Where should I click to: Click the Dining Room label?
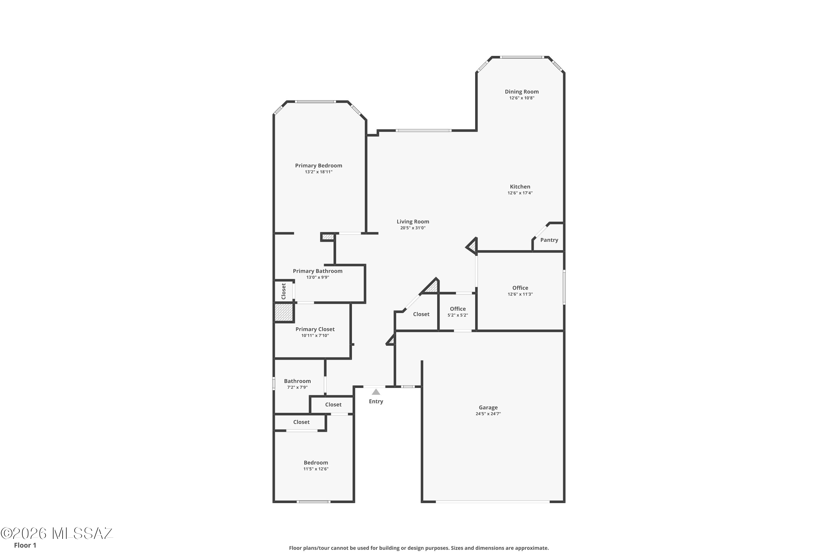tap(522, 92)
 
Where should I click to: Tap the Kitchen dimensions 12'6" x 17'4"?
tap(520, 193)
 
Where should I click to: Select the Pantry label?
tap(549, 240)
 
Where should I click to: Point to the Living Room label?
tap(413, 222)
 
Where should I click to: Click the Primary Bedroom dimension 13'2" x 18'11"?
tap(318, 172)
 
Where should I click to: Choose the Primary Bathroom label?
tap(317, 271)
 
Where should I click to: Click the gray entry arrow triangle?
tap(376, 392)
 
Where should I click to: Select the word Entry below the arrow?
tap(376, 401)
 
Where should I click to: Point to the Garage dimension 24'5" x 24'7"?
tap(488, 414)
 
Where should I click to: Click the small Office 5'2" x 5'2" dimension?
tap(458, 315)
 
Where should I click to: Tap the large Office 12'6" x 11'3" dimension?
tap(520, 294)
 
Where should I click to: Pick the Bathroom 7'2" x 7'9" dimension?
tap(297, 387)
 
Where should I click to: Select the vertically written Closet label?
tap(284, 291)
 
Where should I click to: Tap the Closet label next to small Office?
tap(421, 314)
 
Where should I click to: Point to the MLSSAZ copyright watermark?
tap(57, 533)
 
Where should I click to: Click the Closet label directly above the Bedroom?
tap(301, 422)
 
